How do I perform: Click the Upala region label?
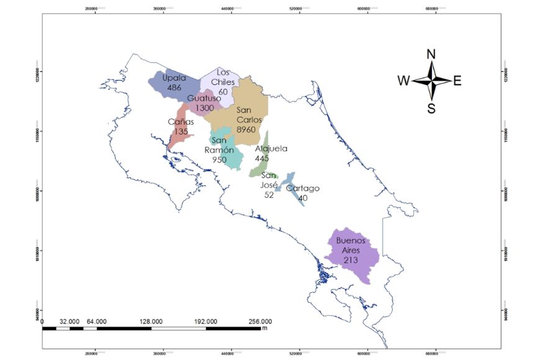[x=174, y=78]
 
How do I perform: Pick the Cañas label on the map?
[x=181, y=122]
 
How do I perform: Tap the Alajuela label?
[x=271, y=149]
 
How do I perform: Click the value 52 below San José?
[x=269, y=194]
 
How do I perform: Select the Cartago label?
[x=303, y=188]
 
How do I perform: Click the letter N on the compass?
[x=431, y=54]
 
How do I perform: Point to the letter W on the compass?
[x=403, y=80]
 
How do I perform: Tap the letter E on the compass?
[x=457, y=80]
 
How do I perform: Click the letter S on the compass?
[x=431, y=109]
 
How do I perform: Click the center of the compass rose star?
[x=431, y=80]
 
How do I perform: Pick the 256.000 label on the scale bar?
[x=260, y=322]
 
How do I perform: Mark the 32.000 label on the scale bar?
[x=70, y=322]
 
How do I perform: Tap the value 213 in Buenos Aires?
[x=351, y=260]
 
